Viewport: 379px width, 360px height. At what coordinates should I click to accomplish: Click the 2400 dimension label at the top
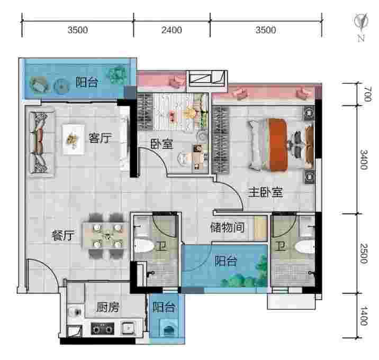(172, 30)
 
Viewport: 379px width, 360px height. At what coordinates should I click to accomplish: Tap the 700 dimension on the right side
(367, 94)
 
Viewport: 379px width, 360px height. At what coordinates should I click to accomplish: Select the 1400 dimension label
(364, 316)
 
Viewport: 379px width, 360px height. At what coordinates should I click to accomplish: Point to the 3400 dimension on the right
(364, 160)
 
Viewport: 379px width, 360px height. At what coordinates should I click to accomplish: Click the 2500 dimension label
(364, 253)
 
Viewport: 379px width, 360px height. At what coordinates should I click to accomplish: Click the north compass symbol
(361, 27)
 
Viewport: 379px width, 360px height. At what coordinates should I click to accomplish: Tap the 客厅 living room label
(101, 138)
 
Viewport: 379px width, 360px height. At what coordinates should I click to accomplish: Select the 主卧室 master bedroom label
(266, 192)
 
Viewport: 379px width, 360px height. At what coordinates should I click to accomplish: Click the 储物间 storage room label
(227, 227)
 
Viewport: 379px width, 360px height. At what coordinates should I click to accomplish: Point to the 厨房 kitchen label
(108, 307)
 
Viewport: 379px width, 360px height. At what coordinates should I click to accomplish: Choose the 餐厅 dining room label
(63, 235)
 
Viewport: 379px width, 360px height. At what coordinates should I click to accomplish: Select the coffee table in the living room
(74, 140)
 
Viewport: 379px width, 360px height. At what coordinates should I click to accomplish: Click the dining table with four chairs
(106, 236)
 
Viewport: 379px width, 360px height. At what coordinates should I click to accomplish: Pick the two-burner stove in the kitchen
(103, 328)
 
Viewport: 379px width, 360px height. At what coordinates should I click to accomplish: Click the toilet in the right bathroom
(304, 246)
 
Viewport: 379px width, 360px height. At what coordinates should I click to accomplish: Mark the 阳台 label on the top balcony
(87, 82)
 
